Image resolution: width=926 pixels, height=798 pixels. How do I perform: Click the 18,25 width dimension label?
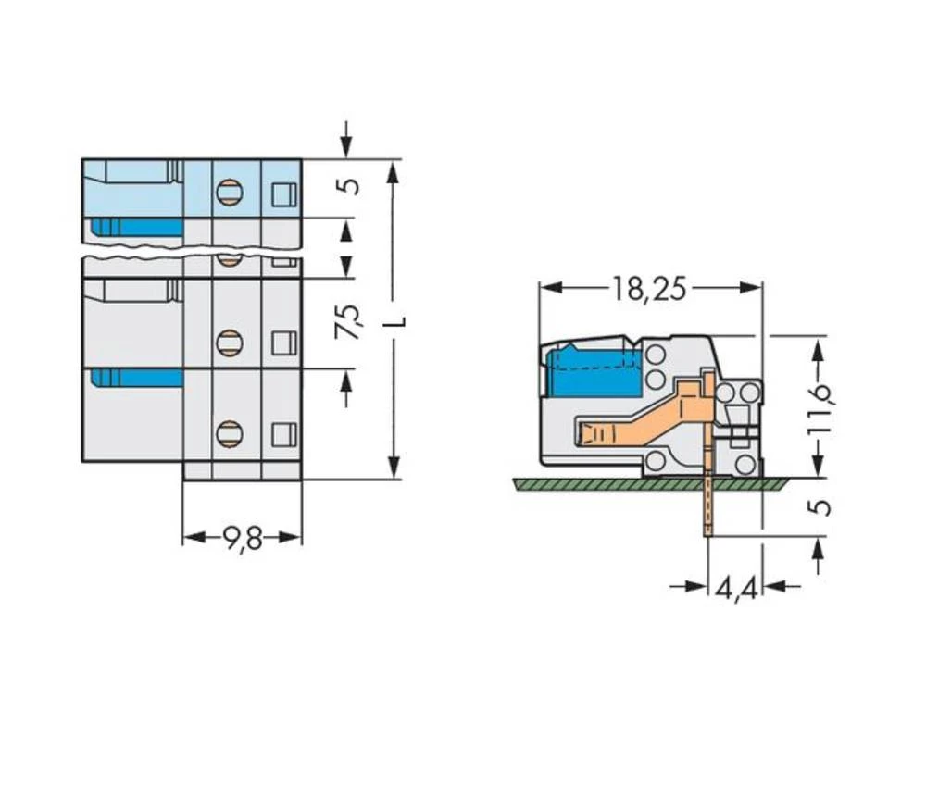click(649, 289)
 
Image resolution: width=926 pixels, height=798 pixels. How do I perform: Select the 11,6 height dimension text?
click(818, 409)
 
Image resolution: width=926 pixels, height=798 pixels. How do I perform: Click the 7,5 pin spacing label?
click(345, 323)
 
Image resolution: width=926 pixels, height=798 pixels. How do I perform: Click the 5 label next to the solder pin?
click(820, 507)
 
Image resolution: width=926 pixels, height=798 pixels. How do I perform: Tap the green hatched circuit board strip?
click(648, 484)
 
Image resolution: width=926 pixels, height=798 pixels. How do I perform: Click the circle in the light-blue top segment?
click(228, 193)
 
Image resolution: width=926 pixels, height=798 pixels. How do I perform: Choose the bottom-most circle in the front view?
click(228, 432)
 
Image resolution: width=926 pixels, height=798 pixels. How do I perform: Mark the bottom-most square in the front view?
click(282, 433)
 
